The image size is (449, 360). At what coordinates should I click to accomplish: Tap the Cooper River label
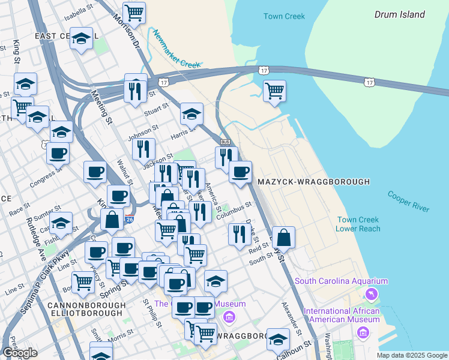pos(408,201)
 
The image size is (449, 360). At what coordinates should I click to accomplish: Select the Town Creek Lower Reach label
pos(358,224)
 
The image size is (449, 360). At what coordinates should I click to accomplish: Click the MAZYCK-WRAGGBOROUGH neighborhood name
pos(313,181)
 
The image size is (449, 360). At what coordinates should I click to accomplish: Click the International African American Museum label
pos(342,315)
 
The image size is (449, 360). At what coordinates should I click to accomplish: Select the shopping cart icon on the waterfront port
pos(274,91)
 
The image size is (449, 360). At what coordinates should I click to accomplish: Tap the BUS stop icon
pos(226,142)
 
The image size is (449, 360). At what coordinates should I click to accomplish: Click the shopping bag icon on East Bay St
pos(283,237)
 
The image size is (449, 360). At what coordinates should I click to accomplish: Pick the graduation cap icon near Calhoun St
pos(278,339)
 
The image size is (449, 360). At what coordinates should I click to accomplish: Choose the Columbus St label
pos(234,211)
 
